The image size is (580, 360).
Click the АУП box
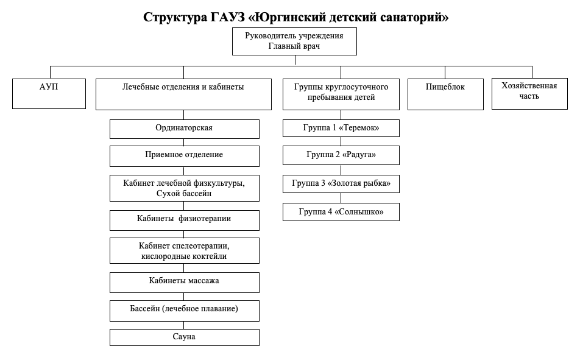click(49, 94)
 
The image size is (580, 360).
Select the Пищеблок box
click(445, 94)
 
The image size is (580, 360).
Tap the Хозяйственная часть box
click(529, 94)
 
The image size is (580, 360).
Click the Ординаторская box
click(184, 129)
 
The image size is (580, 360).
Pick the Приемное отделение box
click(184, 156)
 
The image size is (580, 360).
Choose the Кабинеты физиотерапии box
click(184, 221)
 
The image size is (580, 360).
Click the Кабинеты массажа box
click(184, 283)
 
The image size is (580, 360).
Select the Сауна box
click(184, 337)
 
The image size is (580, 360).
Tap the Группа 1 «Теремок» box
click(341, 128)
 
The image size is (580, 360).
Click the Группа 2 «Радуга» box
click(341, 155)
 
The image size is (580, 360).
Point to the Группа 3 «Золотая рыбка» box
click(341, 184)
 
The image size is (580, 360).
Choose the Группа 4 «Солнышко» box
click(341, 212)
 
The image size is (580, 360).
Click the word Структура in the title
click(175, 18)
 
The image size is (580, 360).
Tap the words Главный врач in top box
click(294, 46)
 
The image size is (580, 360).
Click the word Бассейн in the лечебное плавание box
click(144, 309)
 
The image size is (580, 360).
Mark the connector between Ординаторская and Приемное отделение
click(184, 143)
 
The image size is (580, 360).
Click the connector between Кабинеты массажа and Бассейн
click(184, 297)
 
